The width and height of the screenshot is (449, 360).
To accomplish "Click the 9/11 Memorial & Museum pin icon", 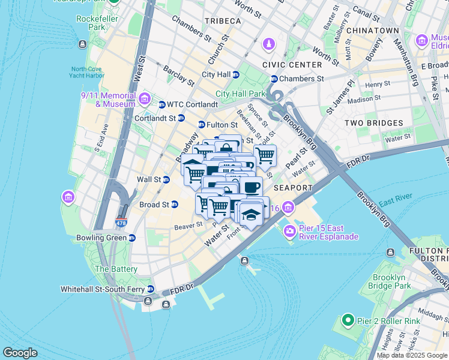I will (144, 98).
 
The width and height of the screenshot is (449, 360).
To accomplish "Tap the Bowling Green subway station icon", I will (131, 238).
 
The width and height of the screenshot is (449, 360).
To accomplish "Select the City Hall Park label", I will (240, 94).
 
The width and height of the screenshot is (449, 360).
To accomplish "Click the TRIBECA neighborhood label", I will (222, 20).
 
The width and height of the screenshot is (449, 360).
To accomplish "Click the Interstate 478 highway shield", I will (121, 223).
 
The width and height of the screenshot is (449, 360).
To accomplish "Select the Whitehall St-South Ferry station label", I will (107, 289).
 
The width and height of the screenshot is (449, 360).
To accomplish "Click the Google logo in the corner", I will (20, 352).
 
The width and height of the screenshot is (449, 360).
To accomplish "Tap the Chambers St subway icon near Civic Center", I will (274, 79).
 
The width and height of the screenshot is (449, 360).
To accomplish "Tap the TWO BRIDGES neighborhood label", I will (373, 123).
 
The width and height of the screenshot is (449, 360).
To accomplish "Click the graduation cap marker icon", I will (251, 215).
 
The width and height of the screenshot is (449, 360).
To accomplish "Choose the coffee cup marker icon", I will (250, 186).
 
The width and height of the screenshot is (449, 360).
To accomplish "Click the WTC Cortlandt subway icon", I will (161, 105).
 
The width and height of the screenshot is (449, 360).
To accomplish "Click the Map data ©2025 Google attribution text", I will (412, 355).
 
